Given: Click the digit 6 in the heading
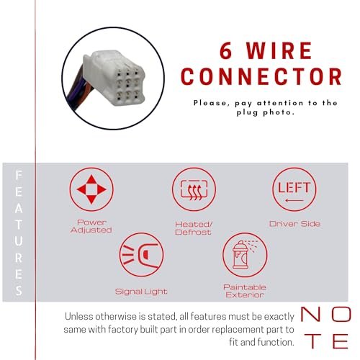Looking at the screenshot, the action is [226, 50].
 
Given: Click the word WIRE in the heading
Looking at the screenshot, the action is [279, 50].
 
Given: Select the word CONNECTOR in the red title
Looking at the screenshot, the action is [261, 76].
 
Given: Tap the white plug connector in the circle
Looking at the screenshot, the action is [114, 77].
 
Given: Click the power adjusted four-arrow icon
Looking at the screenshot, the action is [91, 189].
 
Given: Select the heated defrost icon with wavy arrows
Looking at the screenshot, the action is [194, 189].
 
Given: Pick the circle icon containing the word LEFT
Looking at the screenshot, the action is [294, 189].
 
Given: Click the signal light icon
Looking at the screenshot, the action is [141, 255].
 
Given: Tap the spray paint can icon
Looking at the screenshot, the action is [245, 255].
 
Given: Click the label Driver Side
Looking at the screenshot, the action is [294, 224].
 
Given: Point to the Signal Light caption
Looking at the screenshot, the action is [141, 292].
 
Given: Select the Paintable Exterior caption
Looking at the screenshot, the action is [245, 291].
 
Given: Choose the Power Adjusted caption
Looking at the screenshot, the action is [91, 226].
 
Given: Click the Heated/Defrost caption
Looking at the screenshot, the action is [194, 228].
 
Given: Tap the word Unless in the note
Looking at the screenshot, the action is [79, 317].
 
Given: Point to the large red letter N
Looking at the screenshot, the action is [310, 314].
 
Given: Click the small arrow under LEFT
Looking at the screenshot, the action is [294, 200].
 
